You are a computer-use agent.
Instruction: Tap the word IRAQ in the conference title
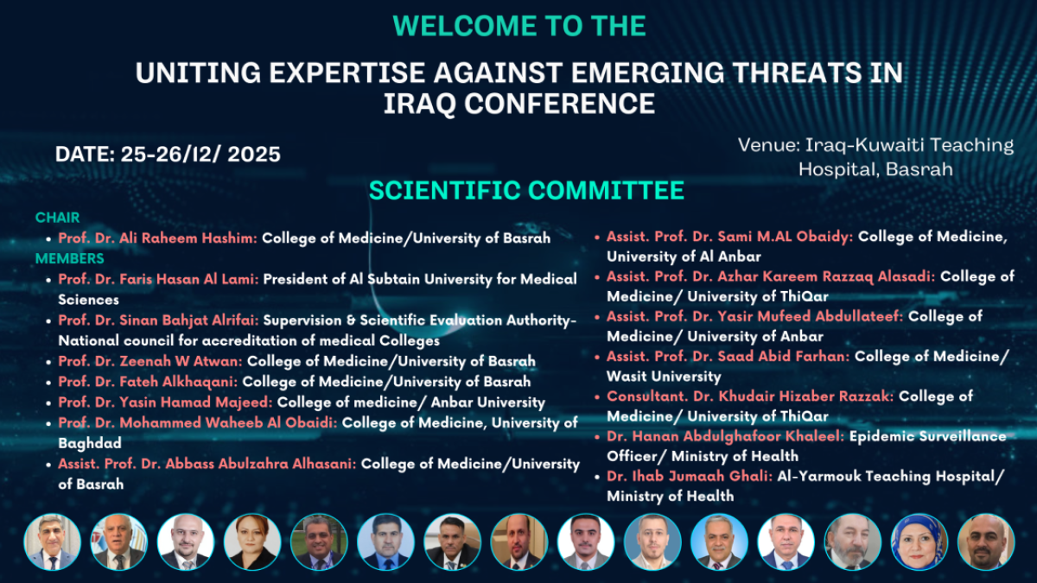click(x=420, y=103)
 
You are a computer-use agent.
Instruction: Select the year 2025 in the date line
click(x=254, y=155)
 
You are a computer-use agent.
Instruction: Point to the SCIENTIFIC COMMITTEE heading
click(x=526, y=191)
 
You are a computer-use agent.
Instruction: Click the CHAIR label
click(x=57, y=218)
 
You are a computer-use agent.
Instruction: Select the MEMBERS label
click(x=70, y=258)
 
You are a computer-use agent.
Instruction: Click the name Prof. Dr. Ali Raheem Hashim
click(x=157, y=238)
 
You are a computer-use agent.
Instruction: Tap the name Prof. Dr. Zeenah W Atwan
click(x=150, y=361)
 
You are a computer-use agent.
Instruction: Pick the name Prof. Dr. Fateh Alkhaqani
click(x=148, y=382)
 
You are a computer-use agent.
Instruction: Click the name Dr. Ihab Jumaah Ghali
click(x=690, y=476)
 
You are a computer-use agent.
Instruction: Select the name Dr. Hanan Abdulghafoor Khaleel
click(x=725, y=436)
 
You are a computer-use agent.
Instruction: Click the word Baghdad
click(x=90, y=443)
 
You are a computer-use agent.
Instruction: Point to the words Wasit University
click(x=664, y=377)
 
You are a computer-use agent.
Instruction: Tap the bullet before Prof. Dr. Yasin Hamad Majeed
click(x=48, y=403)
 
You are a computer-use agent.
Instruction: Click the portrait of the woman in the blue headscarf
click(x=919, y=542)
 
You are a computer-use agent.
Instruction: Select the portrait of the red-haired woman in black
click(x=252, y=542)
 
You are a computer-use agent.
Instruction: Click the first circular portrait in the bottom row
click(x=53, y=542)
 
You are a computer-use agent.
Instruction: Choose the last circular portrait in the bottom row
click(x=986, y=542)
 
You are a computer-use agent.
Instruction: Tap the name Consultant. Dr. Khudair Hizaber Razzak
click(x=750, y=396)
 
